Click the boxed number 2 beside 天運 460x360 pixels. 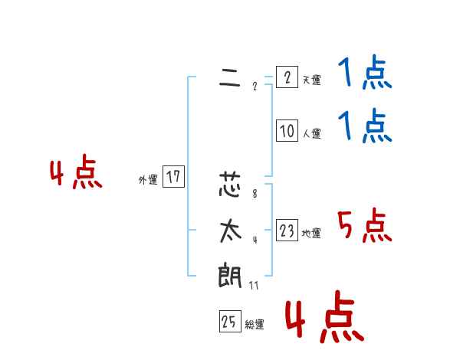[286, 78]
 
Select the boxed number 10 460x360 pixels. [287, 132]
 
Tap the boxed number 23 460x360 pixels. [287, 231]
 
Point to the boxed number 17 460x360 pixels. [173, 178]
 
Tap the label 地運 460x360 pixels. [311, 233]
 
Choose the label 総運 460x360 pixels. [255, 325]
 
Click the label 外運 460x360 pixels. [148, 180]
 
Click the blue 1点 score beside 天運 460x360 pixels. [365, 75]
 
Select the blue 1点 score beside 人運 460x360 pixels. [365, 126]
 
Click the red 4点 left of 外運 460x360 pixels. [76, 174]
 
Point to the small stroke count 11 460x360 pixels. [254, 286]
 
